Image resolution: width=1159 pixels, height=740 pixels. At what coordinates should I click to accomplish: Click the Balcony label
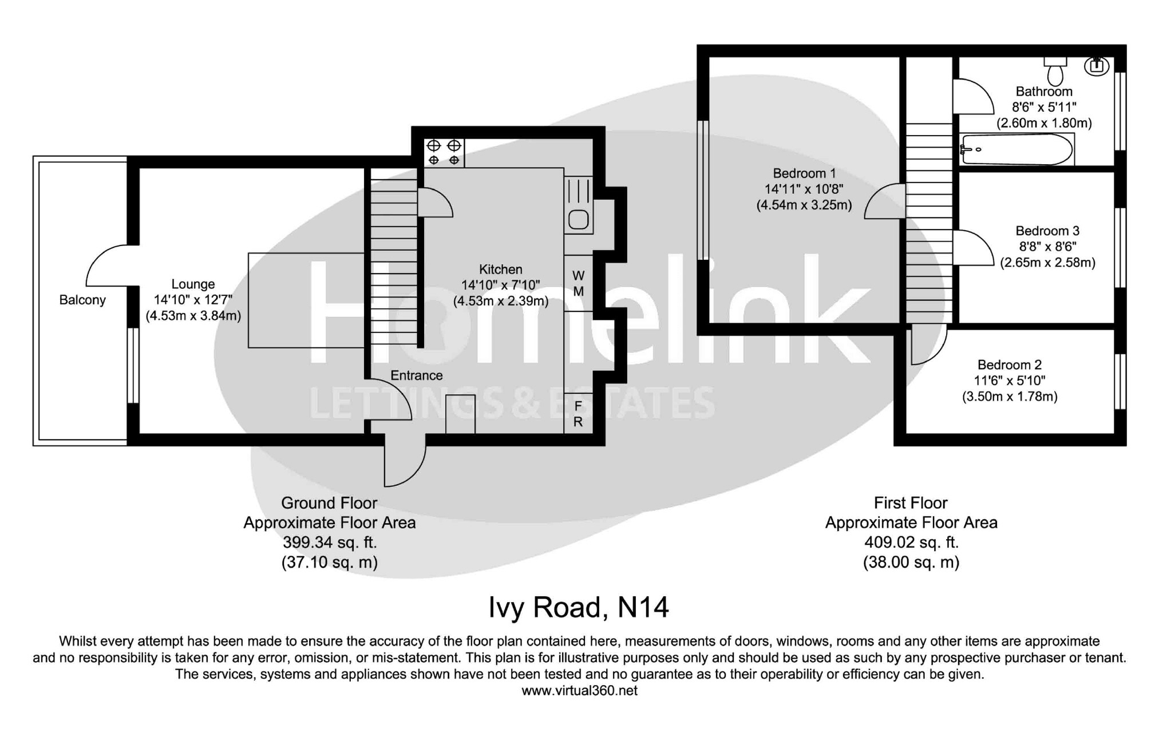point(82,300)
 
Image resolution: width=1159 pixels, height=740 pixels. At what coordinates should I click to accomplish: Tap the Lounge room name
point(193,284)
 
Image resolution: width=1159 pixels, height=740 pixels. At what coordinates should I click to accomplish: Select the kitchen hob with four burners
point(444,153)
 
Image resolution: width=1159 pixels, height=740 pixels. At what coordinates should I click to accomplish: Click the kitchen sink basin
point(578,220)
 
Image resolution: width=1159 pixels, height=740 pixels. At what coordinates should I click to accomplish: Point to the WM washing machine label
point(578,284)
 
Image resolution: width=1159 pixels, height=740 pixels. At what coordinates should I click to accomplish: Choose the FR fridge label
point(578,414)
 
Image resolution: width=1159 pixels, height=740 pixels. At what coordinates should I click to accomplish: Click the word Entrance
point(416,375)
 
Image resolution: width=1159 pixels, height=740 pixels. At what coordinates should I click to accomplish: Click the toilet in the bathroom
point(1055,72)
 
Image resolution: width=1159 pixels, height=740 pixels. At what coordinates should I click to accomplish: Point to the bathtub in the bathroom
point(1016,149)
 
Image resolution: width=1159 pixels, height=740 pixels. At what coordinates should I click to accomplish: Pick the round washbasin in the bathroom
point(1097,66)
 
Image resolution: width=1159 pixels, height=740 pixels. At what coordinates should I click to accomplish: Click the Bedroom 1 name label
point(804,173)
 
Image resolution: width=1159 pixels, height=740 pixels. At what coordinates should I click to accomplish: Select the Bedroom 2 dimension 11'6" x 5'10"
point(1010,380)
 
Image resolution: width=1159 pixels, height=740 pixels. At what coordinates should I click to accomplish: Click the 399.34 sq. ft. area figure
point(330,542)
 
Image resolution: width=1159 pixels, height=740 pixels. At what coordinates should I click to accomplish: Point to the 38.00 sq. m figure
point(911,562)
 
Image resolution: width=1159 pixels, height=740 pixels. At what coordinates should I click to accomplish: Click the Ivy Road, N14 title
point(578,607)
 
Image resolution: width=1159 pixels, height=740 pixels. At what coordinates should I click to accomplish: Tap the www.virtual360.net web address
point(579,691)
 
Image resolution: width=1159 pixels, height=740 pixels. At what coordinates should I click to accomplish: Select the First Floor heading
point(911,503)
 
